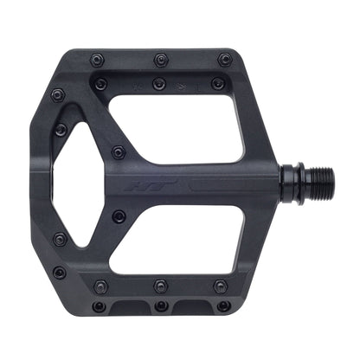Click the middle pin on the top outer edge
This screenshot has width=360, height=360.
pos(161,60)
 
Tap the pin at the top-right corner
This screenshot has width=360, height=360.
pos(225,60)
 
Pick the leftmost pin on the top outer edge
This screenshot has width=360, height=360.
pos(97,61)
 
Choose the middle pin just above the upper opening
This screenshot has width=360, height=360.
pos(158,84)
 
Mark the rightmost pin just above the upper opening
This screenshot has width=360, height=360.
pos(216,84)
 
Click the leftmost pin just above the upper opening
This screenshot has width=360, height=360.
pos(100,84)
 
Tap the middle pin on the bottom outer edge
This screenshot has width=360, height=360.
pos(160,305)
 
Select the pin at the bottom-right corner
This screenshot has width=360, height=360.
pos(224,305)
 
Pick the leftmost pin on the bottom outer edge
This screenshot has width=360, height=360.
pos(98,305)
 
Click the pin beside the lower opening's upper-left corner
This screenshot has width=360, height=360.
pos(119,215)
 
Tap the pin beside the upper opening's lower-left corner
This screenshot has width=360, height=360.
pos(119,153)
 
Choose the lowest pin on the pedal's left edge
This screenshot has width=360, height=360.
pos(59,273)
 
